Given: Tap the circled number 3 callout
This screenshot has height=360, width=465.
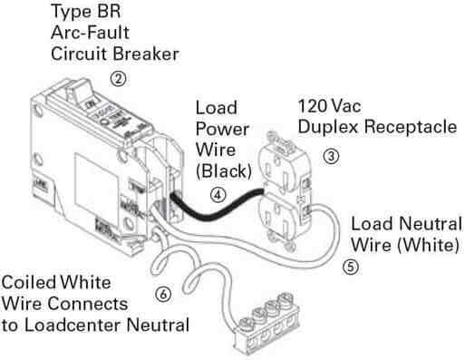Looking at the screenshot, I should pyautogui.click(x=331, y=155).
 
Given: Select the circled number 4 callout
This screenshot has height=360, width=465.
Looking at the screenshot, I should pyautogui.click(x=217, y=193).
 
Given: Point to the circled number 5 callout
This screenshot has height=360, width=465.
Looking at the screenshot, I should pyautogui.click(x=351, y=268).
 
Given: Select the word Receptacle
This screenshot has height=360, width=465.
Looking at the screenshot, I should pyautogui.click(x=412, y=127).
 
